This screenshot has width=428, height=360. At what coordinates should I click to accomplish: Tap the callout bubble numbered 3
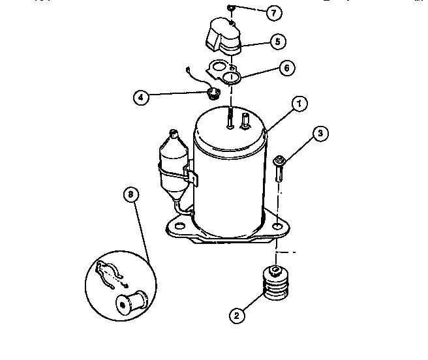319,134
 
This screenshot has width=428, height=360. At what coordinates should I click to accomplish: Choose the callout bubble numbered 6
288,67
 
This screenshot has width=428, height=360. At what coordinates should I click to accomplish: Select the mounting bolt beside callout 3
279,168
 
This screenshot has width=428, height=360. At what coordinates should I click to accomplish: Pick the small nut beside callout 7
231,8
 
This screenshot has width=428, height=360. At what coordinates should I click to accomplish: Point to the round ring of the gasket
230,79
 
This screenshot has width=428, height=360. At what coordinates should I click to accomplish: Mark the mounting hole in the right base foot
278,226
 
